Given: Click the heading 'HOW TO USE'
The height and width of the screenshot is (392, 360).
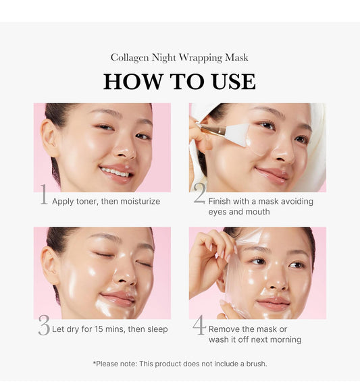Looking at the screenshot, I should [x=180, y=81].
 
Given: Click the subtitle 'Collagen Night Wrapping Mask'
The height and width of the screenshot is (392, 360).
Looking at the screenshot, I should [x=180, y=58].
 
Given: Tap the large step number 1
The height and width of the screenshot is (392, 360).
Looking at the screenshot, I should [x=43, y=196].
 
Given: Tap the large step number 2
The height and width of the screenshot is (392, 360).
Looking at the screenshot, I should [x=199, y=194].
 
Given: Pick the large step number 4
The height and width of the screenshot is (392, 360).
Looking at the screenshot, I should [x=199, y=325].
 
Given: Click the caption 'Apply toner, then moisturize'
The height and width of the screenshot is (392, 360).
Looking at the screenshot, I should [x=106, y=201].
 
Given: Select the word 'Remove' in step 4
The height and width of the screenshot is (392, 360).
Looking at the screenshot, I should [x=226, y=329].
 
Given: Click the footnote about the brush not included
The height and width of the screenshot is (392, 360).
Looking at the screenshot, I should [x=180, y=364].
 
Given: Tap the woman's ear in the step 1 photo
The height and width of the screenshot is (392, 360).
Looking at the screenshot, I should [x=49, y=138].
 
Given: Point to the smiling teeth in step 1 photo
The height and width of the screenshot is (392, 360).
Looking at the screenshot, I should [x=115, y=172].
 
